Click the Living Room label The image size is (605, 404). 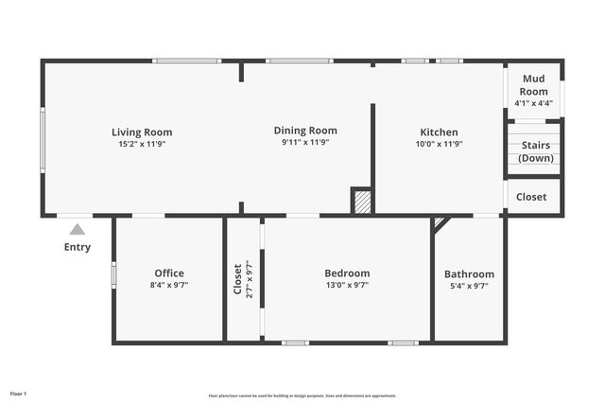click(x=142, y=132)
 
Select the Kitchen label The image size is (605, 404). click(x=439, y=132)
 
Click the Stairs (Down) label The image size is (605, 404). click(x=535, y=151)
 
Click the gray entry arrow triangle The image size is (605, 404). click(x=77, y=229)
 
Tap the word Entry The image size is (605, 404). click(x=78, y=247)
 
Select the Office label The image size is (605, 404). click(x=169, y=272)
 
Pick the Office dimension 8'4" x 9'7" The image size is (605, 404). click(x=169, y=285)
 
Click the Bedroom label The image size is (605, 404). click(x=347, y=272)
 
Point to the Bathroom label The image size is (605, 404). click(x=469, y=274)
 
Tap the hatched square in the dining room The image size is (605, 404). click(x=361, y=201)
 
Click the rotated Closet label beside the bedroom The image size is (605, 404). click(x=237, y=279)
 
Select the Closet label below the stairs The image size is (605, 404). click(x=531, y=197)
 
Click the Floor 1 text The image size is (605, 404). click(x=19, y=393)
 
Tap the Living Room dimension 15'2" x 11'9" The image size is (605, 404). click(x=142, y=144)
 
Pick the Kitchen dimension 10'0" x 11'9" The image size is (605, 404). click(x=439, y=144)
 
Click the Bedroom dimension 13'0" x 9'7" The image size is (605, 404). click(x=347, y=285)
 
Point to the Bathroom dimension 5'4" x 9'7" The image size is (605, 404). click(x=469, y=286)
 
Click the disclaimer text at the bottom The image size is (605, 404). click(x=302, y=395)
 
